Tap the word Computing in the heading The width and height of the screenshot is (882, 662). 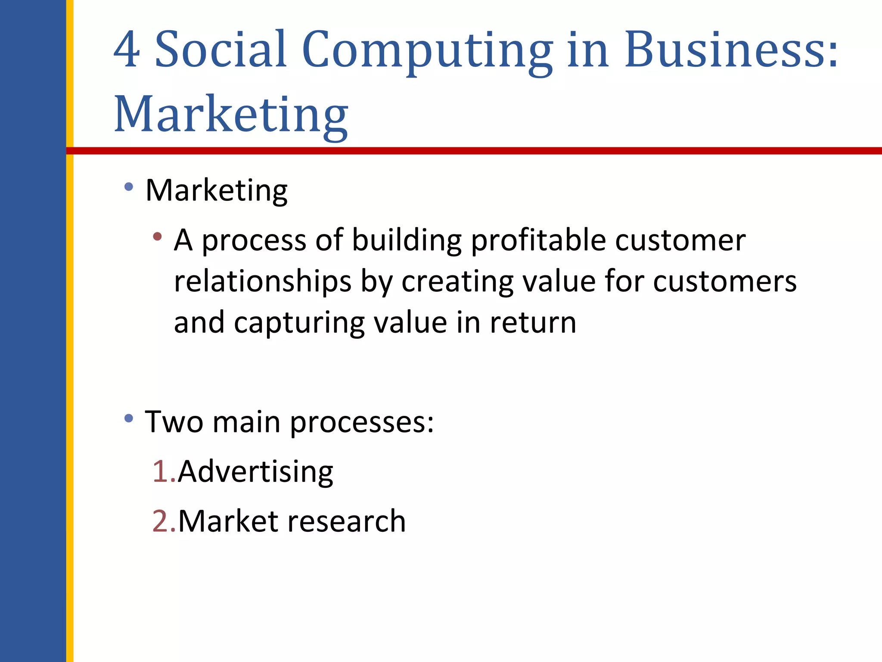click(427, 51)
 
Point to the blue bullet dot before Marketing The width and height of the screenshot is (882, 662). click(128, 187)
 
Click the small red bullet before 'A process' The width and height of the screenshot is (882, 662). click(157, 236)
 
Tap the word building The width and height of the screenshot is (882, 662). click(407, 240)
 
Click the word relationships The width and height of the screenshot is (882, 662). click(263, 281)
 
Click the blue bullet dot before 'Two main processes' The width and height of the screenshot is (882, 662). click(128, 418)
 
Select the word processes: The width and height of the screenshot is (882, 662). click(362, 422)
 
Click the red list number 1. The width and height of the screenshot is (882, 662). click(162, 471)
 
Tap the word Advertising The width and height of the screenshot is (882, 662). click(255, 472)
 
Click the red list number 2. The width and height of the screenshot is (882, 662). click(162, 521)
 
